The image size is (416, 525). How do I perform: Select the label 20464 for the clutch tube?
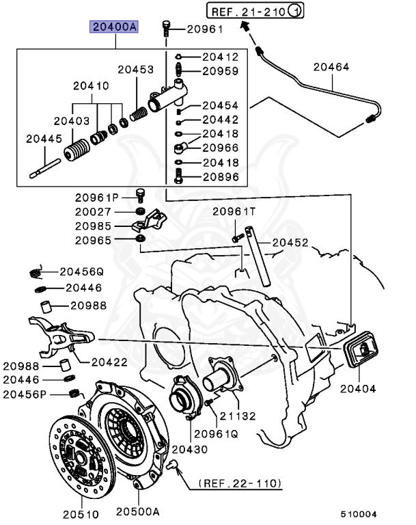(x=331, y=67)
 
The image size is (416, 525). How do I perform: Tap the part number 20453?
(x=135, y=69)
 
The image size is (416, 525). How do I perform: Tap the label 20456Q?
(x=80, y=271)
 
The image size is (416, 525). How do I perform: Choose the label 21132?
(x=236, y=416)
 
